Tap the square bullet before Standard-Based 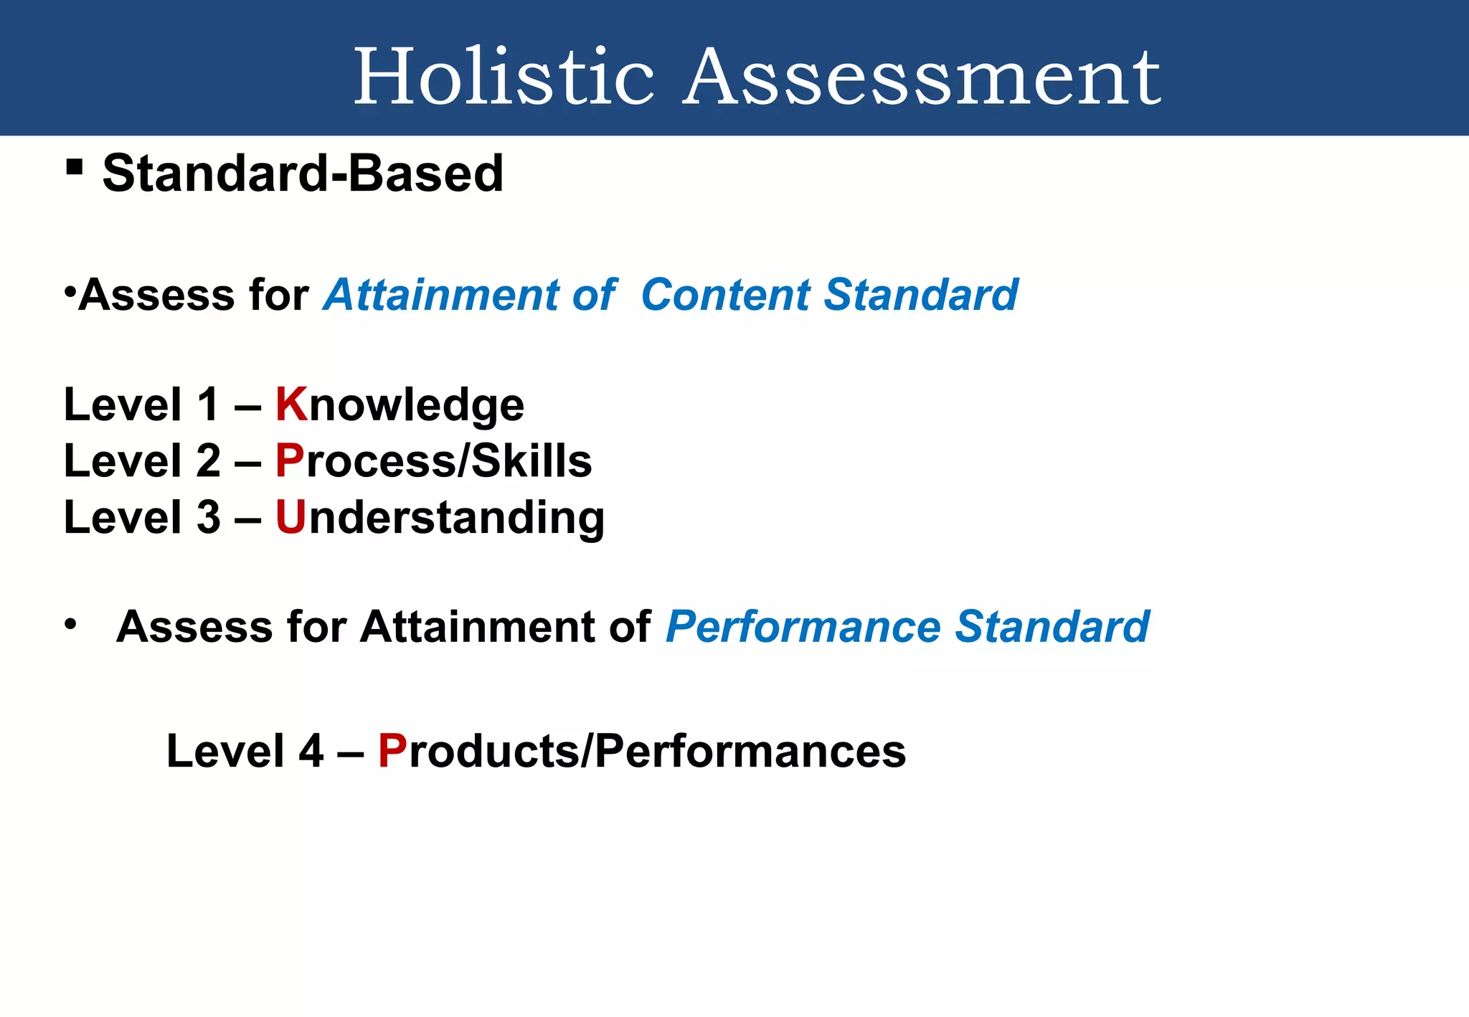(74, 168)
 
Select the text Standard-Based (303, 174)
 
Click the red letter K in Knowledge (291, 405)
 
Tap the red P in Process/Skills (290, 460)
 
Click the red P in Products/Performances (392, 752)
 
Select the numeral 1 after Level (208, 405)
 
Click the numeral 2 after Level (208, 460)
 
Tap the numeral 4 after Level (311, 752)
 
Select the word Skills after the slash (531, 460)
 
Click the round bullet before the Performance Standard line (70, 624)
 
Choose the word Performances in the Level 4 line (750, 752)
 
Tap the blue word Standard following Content (921, 295)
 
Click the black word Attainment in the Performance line (476, 627)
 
